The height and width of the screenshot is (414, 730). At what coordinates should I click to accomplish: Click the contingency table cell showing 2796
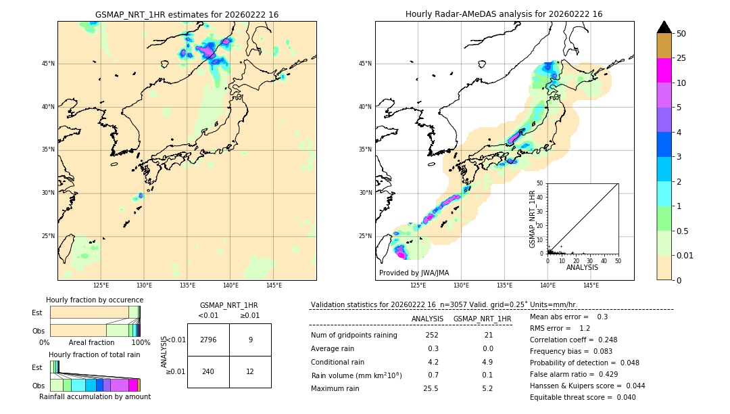click(x=208, y=340)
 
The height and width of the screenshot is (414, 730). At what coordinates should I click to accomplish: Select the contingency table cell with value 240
click(x=208, y=372)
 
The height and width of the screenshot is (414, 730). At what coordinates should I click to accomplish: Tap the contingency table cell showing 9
click(x=250, y=340)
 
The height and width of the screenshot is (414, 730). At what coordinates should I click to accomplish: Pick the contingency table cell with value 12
click(x=250, y=372)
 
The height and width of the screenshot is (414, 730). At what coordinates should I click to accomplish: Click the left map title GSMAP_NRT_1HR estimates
click(x=187, y=14)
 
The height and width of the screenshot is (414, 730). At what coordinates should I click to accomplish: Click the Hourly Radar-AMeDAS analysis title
click(x=504, y=14)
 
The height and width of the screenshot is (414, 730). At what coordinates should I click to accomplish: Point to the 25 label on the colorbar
click(x=681, y=59)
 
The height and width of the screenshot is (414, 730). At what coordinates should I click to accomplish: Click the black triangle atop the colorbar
click(x=664, y=27)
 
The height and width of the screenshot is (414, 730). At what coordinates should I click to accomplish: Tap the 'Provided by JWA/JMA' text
click(x=414, y=273)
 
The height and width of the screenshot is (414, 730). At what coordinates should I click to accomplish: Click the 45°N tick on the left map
click(x=49, y=64)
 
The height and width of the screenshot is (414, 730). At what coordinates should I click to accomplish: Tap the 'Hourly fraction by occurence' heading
click(x=95, y=300)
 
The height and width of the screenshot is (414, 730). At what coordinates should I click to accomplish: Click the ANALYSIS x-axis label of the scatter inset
click(x=582, y=268)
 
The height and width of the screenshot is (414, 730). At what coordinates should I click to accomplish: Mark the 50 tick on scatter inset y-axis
click(x=540, y=183)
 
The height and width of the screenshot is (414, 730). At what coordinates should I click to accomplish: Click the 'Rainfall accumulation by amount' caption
click(x=95, y=397)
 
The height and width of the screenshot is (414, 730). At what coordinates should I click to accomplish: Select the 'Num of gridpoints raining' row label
click(x=354, y=336)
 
